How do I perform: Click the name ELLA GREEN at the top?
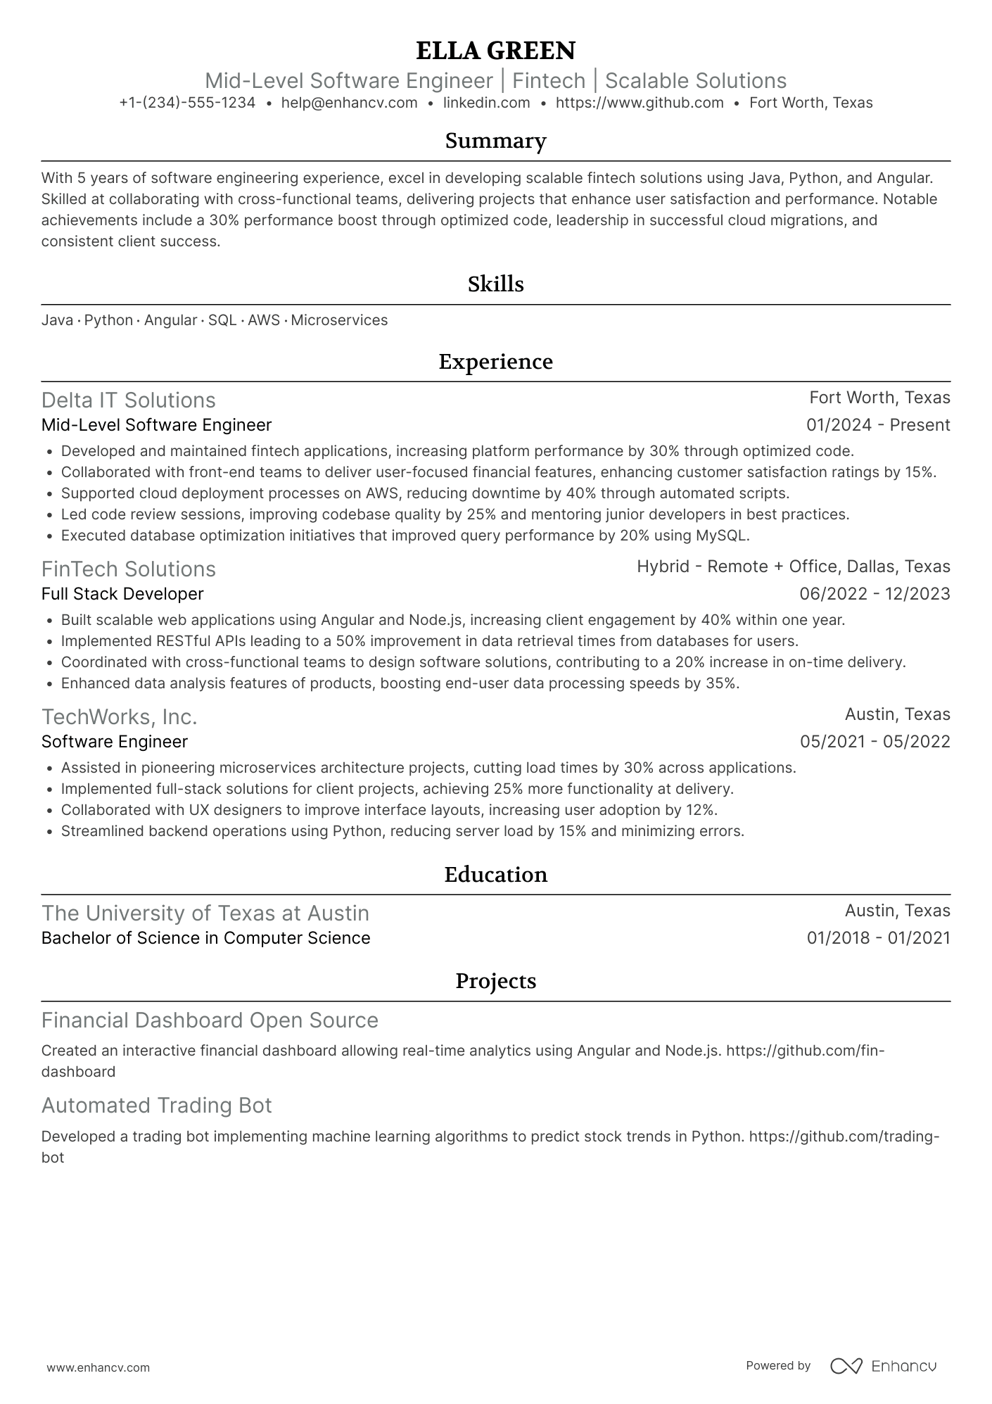(495, 51)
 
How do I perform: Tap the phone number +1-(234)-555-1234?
(187, 103)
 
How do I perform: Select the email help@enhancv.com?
(349, 103)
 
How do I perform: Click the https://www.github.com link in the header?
(640, 103)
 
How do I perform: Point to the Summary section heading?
(495, 141)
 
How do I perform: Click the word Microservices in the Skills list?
(339, 320)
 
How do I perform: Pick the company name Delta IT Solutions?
(128, 400)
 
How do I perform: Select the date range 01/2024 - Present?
(878, 425)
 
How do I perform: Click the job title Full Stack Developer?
(122, 594)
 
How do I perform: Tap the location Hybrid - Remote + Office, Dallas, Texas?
(793, 567)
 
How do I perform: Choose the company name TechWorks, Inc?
(119, 716)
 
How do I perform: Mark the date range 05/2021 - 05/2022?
(875, 742)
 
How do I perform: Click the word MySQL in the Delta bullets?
(722, 536)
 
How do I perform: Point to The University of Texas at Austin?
(205, 913)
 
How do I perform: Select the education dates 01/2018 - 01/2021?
(878, 938)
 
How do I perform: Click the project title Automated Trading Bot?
(156, 1105)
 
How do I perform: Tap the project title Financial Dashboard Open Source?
(210, 1020)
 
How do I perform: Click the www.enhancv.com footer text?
(98, 1367)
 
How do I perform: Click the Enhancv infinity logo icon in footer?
(846, 1366)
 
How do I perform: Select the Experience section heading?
(495, 362)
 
